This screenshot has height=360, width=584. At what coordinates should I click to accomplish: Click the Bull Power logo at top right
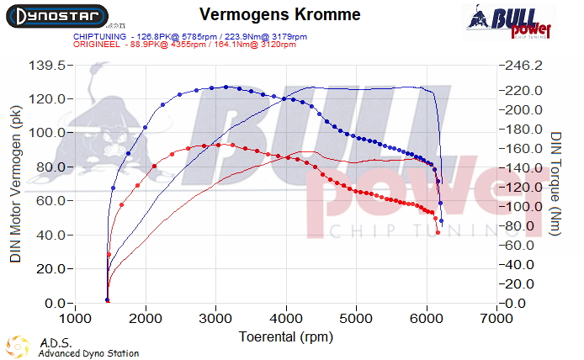click(512, 21)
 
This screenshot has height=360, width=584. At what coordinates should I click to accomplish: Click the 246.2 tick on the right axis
click(523, 66)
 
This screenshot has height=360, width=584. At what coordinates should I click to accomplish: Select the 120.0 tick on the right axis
click(523, 188)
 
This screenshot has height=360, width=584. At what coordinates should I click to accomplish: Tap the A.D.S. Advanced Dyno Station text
click(88, 348)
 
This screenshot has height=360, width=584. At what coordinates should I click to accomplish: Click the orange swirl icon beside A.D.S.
click(18, 347)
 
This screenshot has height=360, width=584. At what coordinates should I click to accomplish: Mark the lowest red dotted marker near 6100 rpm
click(438, 232)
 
